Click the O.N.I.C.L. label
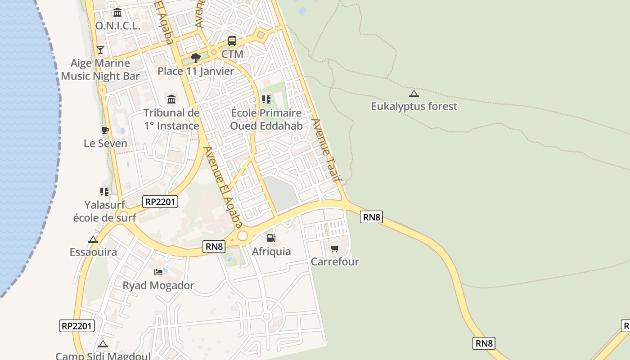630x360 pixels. click(x=117, y=26)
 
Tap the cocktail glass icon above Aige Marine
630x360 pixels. click(x=100, y=49)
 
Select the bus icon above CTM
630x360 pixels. click(x=232, y=41)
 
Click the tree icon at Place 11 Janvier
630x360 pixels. click(x=195, y=58)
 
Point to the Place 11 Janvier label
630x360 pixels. click(x=196, y=71)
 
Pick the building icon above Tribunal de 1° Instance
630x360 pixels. click(x=171, y=99)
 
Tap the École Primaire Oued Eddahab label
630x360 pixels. click(x=266, y=119)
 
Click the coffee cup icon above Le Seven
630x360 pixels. click(x=105, y=130)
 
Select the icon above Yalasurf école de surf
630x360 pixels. click(x=104, y=192)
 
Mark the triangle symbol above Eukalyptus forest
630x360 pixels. click(x=414, y=94)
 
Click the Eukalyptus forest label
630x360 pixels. click(x=414, y=106)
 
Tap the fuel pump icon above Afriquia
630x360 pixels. click(x=271, y=238)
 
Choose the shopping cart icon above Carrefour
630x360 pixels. click(x=334, y=248)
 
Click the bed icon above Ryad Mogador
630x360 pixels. click(x=158, y=272)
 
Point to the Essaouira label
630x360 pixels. click(x=93, y=252)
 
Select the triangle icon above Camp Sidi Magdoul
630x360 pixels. click(x=103, y=344)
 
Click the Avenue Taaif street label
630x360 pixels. click(x=327, y=150)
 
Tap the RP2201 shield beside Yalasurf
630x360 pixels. click(x=160, y=202)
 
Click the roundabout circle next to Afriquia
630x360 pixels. click(x=243, y=235)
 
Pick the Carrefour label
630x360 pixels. click(x=335, y=261)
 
